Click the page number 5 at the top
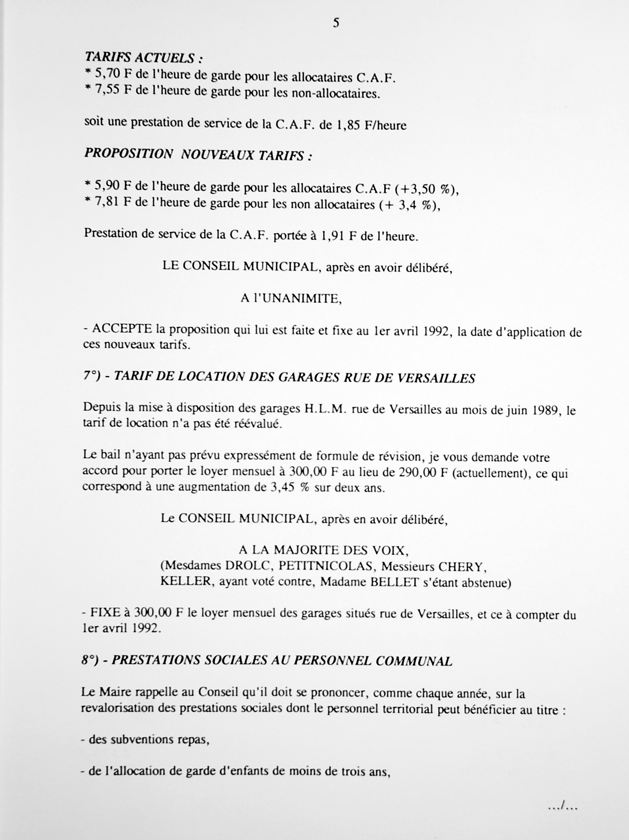tap(336, 23)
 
